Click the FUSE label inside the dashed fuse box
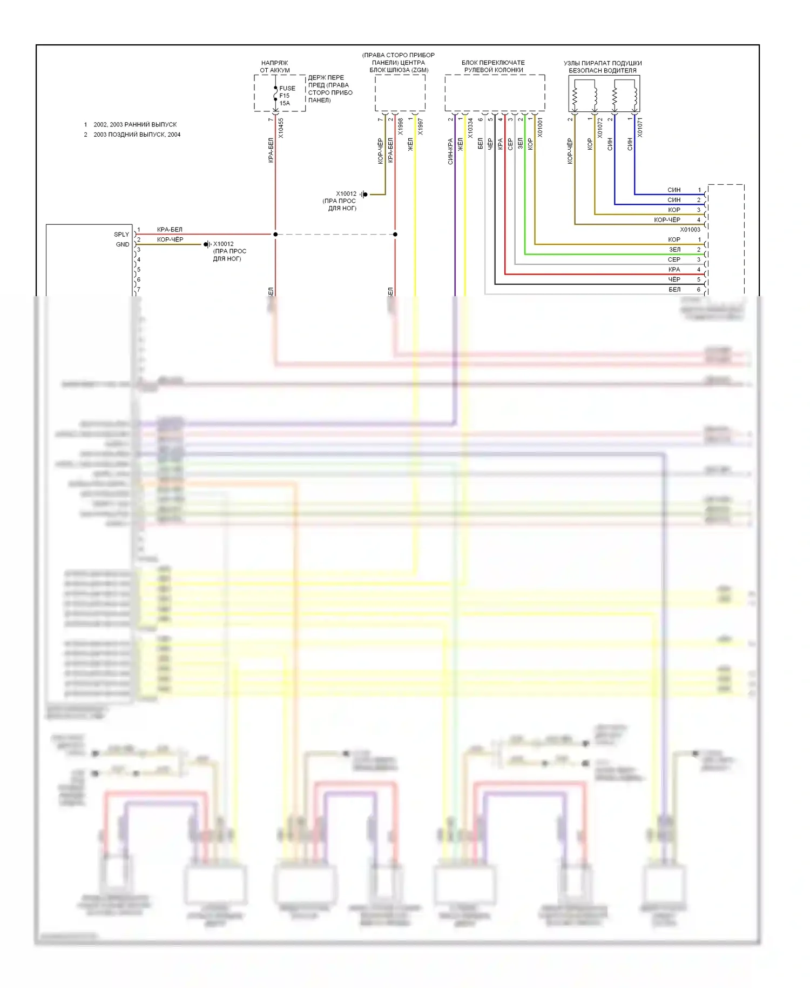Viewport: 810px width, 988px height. (287, 88)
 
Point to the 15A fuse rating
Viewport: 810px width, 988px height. (285, 103)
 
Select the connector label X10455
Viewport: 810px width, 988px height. (281, 128)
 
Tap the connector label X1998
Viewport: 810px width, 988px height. (400, 126)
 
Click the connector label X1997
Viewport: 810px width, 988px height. (420, 126)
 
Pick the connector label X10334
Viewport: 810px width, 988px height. (470, 128)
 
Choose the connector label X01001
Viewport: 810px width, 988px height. (539, 128)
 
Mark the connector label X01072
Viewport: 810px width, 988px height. (599, 128)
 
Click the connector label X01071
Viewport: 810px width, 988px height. (640, 128)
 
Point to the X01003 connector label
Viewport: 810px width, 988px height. (690, 230)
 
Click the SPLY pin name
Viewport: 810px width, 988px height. (122, 235)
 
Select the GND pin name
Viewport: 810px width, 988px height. (123, 244)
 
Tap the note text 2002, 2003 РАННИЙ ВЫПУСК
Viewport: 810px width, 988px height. (135, 125)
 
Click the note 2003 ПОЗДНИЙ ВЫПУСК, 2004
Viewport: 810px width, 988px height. (137, 135)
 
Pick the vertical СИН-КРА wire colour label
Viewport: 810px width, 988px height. (450, 151)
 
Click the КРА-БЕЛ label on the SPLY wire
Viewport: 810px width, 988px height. (170, 230)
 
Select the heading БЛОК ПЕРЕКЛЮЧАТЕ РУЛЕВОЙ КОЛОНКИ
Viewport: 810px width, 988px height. (494, 66)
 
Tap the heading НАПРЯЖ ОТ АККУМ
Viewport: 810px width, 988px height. (275, 66)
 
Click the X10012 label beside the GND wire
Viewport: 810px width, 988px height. (223, 244)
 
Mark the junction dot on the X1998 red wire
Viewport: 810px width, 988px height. (395, 235)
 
